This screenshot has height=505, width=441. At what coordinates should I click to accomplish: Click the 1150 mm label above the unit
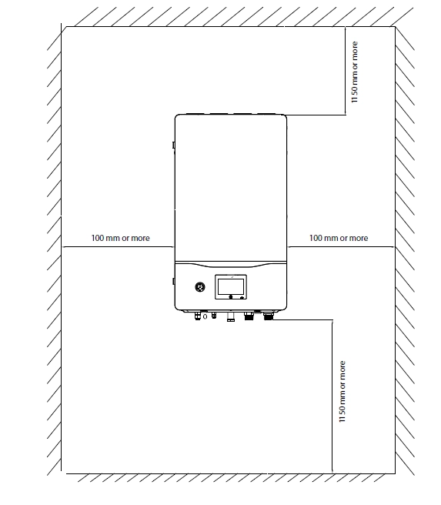[354, 72]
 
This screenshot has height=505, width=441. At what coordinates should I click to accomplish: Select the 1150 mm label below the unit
[342, 392]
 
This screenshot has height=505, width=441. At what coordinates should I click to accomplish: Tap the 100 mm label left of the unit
[121, 239]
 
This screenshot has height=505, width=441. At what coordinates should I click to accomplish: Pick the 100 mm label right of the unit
[339, 239]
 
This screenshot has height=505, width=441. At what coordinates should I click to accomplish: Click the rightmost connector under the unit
[269, 315]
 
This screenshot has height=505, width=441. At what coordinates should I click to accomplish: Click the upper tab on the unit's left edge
[174, 145]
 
